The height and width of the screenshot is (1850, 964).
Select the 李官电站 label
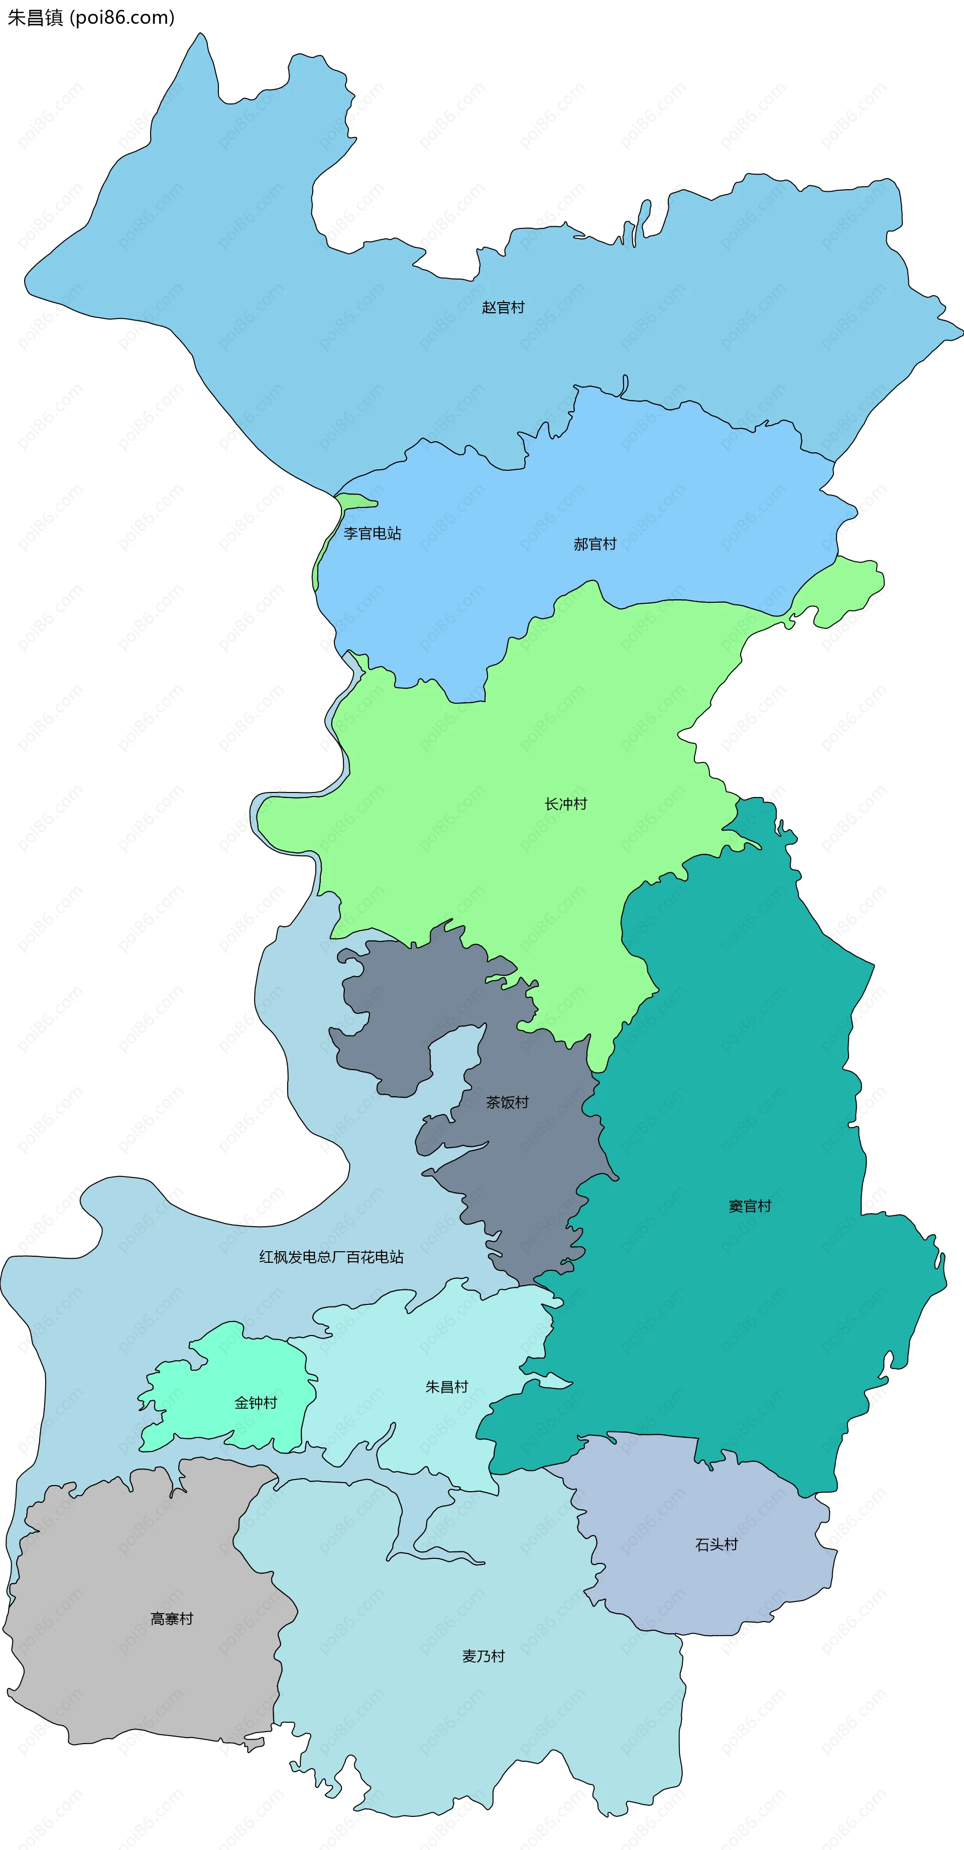point(372,533)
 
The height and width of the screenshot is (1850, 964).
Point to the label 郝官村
point(595,544)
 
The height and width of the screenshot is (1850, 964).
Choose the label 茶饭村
point(507,1102)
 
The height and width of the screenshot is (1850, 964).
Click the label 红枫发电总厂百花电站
point(331,1257)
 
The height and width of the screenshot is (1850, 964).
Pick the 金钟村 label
point(256,1403)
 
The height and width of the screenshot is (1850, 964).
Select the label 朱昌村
point(447,1387)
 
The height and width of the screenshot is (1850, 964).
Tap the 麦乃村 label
point(484,1656)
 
